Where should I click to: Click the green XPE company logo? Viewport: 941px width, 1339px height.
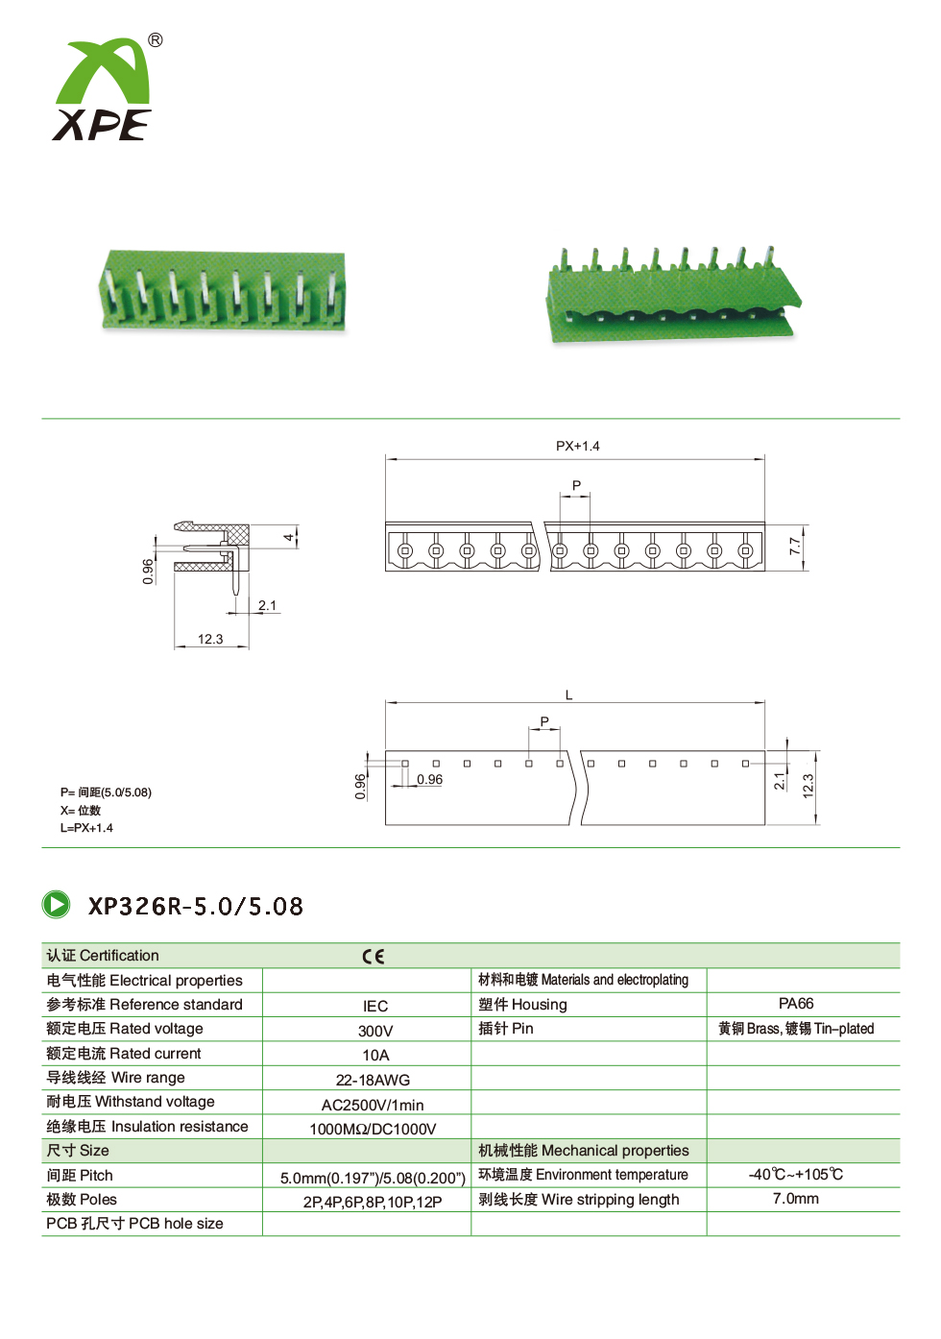102,89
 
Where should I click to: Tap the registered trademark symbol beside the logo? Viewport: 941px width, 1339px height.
155,40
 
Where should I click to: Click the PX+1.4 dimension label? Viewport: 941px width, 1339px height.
577,446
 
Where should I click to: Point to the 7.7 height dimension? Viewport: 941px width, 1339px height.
795,546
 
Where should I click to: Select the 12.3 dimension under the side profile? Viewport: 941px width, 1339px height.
210,639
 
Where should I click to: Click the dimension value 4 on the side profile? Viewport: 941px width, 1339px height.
289,537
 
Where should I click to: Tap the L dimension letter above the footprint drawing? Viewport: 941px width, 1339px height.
568,695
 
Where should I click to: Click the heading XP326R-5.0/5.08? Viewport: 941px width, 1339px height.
196,906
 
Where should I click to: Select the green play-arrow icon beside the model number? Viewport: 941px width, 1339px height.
56,905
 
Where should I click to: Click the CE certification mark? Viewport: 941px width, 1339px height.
374,957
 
